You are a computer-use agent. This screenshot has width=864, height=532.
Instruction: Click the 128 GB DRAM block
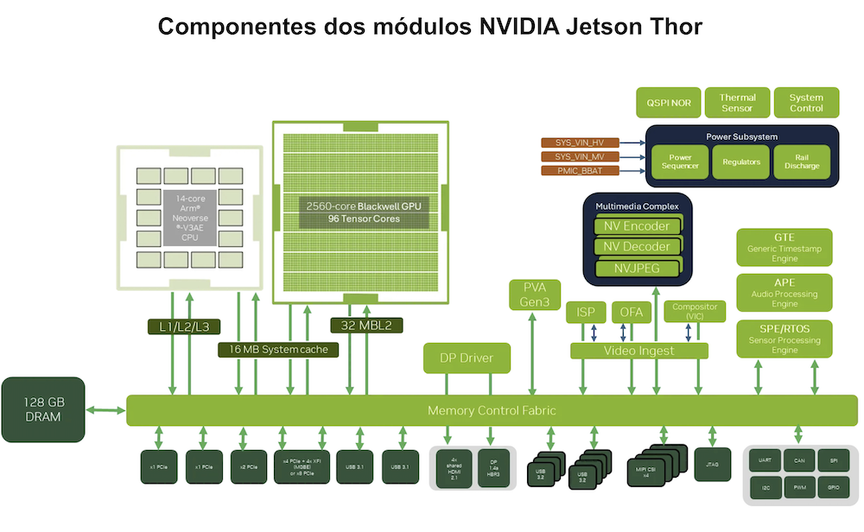(43, 409)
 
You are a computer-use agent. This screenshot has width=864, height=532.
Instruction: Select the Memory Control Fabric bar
(492, 410)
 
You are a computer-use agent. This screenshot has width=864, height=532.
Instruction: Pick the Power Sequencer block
(678, 161)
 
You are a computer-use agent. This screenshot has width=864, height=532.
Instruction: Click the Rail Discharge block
(801, 161)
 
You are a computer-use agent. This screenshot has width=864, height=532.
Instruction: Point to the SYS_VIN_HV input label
(580, 142)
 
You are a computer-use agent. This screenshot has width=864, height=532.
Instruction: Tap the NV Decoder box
(638, 246)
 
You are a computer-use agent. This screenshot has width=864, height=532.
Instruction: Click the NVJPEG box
(638, 268)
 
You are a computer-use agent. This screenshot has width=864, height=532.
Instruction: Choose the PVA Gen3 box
(535, 294)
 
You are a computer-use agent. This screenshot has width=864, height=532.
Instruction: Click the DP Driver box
(467, 357)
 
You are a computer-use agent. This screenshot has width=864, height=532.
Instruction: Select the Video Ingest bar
(639, 351)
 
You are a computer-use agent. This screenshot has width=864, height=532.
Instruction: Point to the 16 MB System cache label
(278, 350)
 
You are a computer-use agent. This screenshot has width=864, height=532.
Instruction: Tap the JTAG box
(713, 465)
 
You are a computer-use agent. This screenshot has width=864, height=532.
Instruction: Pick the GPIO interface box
(833, 488)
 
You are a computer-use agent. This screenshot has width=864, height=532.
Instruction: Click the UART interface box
(765, 461)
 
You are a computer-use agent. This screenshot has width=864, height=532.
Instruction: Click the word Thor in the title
(667, 27)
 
